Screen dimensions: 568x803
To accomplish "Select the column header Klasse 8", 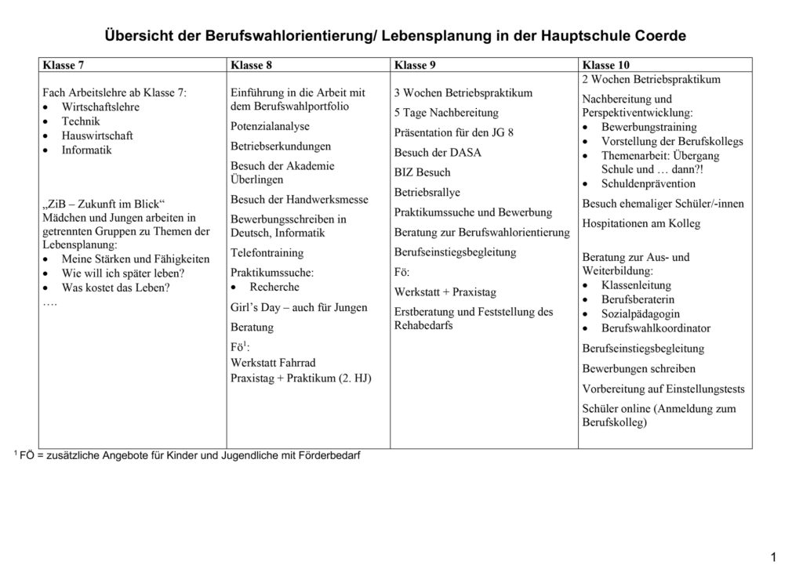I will pos(251,65).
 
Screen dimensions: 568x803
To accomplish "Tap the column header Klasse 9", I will pos(415,65).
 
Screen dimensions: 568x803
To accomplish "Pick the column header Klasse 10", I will pos(606,65).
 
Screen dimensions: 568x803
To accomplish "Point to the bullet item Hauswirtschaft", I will pos(97,136).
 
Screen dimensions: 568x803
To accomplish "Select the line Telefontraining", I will pos(267,253).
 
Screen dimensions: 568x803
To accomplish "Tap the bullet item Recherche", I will pos(274,287).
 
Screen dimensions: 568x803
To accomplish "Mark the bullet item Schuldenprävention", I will pos(648,183).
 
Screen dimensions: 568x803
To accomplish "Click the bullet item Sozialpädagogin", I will pos(641,314).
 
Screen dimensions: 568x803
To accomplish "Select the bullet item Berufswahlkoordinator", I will pos(656,328).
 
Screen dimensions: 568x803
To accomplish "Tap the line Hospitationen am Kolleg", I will pos(641,223).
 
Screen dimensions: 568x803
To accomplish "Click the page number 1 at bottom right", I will pos(773,557).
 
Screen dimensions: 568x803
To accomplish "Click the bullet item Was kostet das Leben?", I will pos(115,287).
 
